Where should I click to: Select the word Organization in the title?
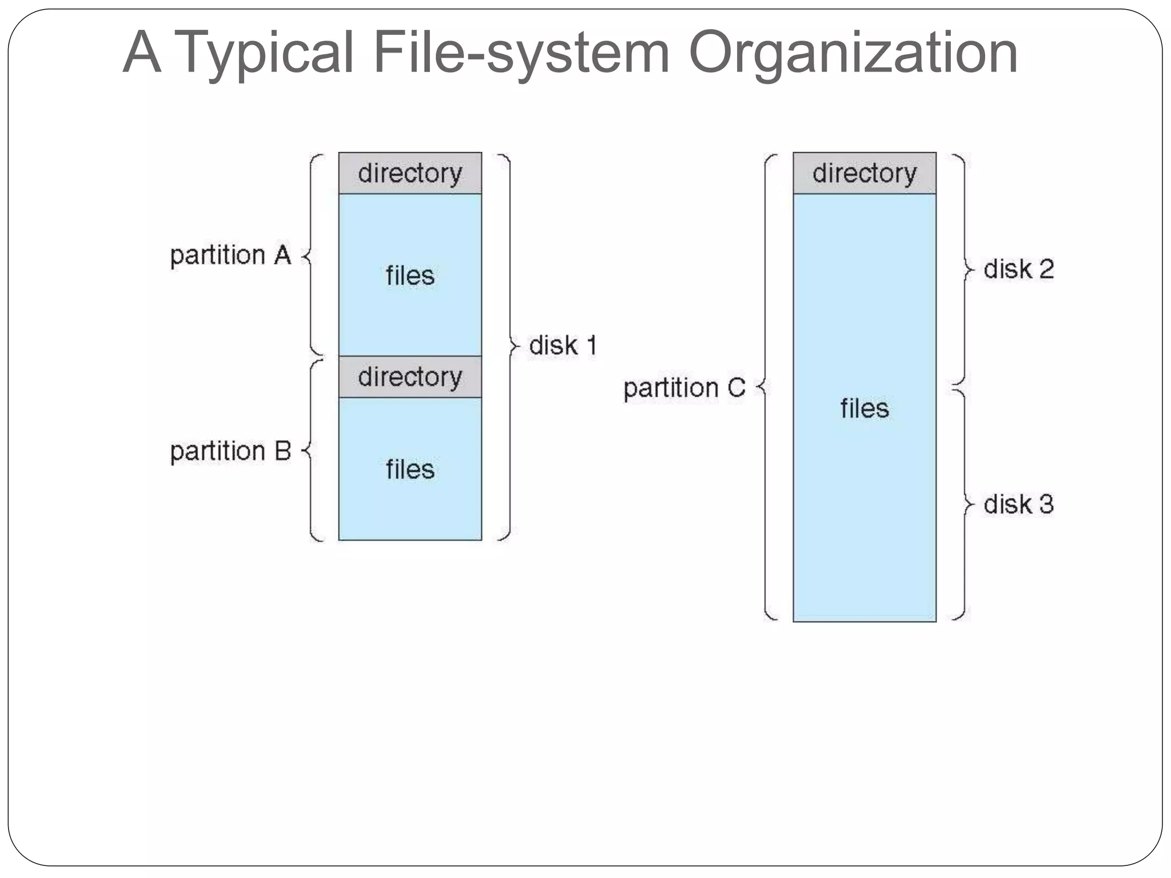[x=853, y=53]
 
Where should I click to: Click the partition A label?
[x=230, y=255]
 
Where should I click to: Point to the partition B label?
[x=230, y=451]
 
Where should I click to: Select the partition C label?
[x=684, y=388]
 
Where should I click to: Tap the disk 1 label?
[x=563, y=345]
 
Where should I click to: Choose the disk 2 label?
[x=1018, y=269]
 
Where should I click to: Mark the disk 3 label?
[x=1018, y=505]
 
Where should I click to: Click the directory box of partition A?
[x=410, y=173]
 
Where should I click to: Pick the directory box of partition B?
[x=410, y=377]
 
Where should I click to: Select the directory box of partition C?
[x=864, y=173]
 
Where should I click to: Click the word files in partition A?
[x=410, y=276]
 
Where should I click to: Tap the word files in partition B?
[x=410, y=470]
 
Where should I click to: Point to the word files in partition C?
[x=864, y=409]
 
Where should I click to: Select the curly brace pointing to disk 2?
[x=964, y=269]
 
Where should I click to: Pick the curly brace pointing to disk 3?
[x=964, y=505]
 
